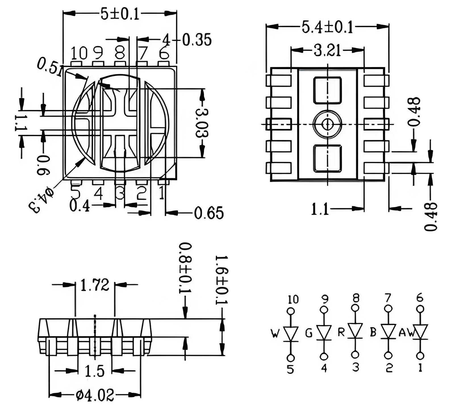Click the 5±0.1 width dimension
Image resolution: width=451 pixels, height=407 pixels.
[x=120, y=14]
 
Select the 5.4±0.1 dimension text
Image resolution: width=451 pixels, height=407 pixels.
[x=327, y=27]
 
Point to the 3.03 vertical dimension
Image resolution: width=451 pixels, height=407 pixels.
[x=202, y=123]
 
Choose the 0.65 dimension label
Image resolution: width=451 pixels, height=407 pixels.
[x=209, y=213]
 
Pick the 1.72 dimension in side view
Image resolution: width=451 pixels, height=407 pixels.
[x=95, y=285]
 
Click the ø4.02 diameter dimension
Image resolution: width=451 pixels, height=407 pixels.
[x=95, y=395]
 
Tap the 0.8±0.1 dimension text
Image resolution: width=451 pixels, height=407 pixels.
[x=185, y=268]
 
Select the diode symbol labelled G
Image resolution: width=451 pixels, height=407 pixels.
[x=324, y=333]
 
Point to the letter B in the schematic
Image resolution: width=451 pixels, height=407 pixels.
[x=373, y=332]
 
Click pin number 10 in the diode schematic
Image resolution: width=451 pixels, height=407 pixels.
[x=293, y=299]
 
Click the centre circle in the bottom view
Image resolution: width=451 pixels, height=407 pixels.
[x=327, y=124]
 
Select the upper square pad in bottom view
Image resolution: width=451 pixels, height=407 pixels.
[x=327, y=90]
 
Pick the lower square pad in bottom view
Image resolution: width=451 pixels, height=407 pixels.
[x=327, y=158]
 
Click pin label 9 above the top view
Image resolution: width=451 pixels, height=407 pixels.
[x=98, y=53]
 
